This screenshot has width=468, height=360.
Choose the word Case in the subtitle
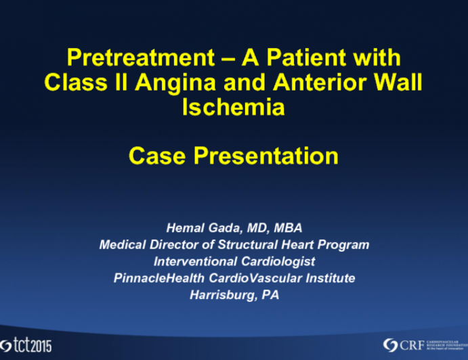157,156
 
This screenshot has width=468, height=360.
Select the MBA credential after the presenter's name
284,228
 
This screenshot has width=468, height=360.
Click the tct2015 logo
27,343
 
